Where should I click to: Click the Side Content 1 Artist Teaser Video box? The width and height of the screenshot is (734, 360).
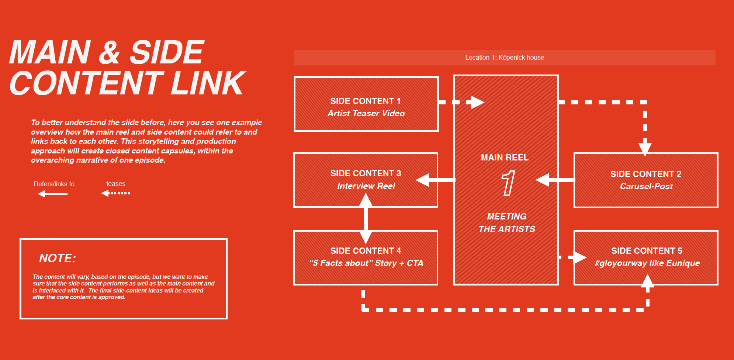point(366,104)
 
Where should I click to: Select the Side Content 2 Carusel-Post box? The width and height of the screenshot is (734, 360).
point(646,180)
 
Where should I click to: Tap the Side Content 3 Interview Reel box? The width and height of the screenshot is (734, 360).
point(366,180)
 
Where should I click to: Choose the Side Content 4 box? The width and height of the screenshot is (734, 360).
point(366,257)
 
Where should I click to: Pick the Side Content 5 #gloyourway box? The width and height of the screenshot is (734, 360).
point(646,257)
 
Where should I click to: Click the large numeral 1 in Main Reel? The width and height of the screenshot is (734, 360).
point(508,183)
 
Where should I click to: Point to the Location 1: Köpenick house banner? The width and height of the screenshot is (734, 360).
point(505,58)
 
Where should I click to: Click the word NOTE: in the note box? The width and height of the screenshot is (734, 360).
point(57,258)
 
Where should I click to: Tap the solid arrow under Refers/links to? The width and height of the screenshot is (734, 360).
point(52,194)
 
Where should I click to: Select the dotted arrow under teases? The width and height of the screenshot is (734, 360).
point(115,193)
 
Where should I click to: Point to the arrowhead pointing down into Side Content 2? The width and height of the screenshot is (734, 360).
point(645,149)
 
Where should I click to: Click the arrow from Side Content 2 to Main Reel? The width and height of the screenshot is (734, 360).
point(555,180)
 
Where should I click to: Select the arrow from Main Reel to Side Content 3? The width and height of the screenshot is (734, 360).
point(435,180)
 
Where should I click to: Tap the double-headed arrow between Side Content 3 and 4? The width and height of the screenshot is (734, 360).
point(366,218)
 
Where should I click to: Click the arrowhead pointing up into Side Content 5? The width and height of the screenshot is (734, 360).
point(648,281)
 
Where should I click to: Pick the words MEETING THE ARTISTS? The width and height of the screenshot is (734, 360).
point(507,223)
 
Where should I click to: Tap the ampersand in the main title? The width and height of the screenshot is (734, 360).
point(110,52)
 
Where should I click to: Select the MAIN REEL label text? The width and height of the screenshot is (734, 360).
point(505,157)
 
